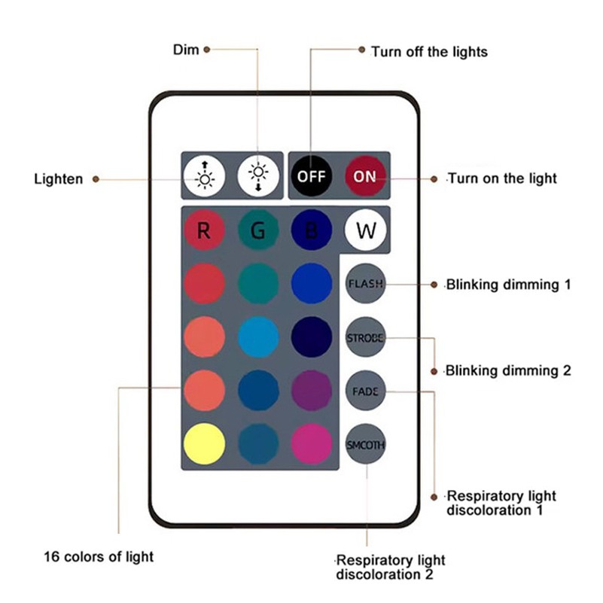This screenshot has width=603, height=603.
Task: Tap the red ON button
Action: (365, 177)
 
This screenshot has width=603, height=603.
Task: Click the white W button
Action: (365, 230)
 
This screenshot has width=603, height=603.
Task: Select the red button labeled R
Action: (204, 230)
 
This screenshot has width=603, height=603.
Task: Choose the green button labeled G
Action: (258, 230)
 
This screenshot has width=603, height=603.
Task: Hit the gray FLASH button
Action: (365, 284)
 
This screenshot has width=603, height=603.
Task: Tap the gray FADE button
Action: (365, 391)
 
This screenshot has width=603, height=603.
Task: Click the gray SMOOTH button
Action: (365, 444)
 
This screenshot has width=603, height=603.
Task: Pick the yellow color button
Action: (204, 444)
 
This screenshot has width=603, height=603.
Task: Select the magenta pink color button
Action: (312, 444)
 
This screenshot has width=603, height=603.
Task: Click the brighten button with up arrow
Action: (204, 177)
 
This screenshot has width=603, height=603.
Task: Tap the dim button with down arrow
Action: (258, 177)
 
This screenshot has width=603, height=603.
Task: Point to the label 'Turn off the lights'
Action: (429, 52)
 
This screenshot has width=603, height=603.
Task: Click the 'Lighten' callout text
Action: (59, 180)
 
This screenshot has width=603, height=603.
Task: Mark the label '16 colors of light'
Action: (98, 557)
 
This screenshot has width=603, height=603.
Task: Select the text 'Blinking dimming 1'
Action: (508, 285)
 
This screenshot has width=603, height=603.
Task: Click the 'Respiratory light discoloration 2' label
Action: (391, 568)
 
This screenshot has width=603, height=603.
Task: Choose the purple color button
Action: (312, 391)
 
